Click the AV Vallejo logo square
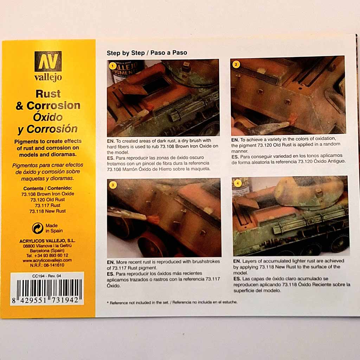pyautogui.click(x=48, y=61)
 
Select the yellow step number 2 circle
pyautogui.click(x=236, y=65)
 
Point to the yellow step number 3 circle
pyautogui.click(x=113, y=185)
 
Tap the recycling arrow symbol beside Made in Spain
pyautogui.click(x=37, y=228)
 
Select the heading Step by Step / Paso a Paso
pyautogui.click(x=147, y=53)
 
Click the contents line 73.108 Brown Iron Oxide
pyautogui.click(x=48, y=194)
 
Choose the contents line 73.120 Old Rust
pyautogui.click(x=48, y=200)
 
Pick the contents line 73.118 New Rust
pyautogui.click(x=47, y=211)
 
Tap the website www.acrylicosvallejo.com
pyautogui.click(x=47, y=261)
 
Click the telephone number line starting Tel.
pyautogui.click(x=47, y=256)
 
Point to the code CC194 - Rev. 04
pyautogui.click(x=47, y=276)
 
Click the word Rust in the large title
pyautogui.click(x=48, y=94)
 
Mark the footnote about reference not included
pyautogui.click(x=172, y=302)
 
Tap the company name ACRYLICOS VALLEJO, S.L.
pyautogui.click(x=47, y=241)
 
